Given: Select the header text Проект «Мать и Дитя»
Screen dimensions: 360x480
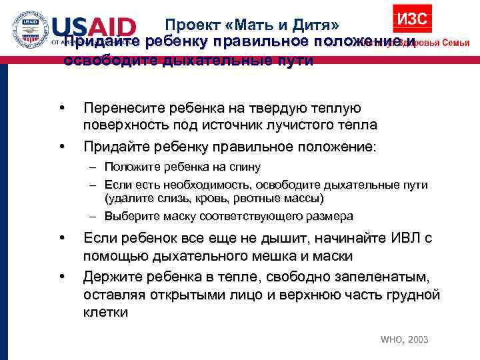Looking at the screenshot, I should click(253, 25).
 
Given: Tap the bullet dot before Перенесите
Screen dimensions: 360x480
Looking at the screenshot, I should click(61, 108).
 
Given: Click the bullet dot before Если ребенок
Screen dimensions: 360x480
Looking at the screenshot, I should click(61, 238).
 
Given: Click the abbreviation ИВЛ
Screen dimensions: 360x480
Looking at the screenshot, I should click(400, 238).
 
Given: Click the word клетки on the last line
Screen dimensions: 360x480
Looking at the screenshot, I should click(106, 312).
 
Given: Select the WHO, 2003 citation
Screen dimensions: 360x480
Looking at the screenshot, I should click(404, 340).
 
